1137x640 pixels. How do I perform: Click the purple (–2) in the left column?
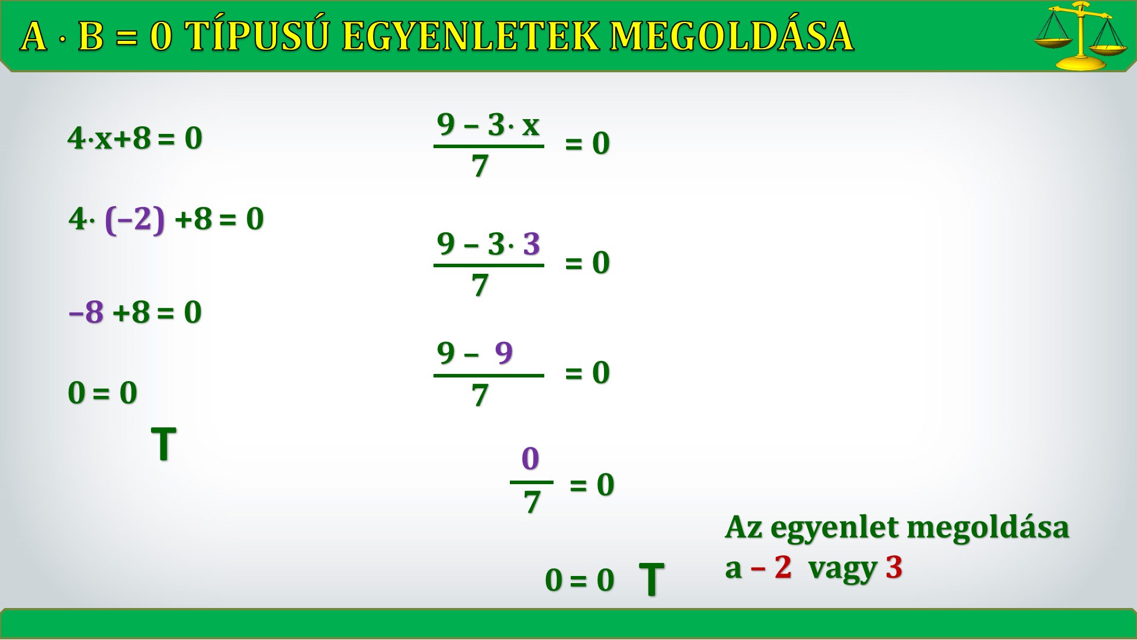[134, 219]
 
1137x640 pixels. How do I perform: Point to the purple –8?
[86, 312]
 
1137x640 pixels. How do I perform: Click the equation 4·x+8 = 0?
[135, 138]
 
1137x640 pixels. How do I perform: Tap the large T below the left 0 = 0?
[164, 444]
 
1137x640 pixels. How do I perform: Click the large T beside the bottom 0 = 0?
[651, 579]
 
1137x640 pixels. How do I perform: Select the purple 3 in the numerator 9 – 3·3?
[532, 244]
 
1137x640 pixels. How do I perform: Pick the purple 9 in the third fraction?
[504, 353]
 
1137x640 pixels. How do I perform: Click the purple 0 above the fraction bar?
[531, 458]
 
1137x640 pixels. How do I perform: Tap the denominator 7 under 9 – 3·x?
[480, 166]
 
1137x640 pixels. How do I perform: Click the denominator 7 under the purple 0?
[532, 502]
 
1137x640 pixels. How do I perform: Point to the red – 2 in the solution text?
[771, 567]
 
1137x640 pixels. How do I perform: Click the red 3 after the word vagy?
[894, 567]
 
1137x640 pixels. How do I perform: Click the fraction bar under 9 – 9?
[489, 376]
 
